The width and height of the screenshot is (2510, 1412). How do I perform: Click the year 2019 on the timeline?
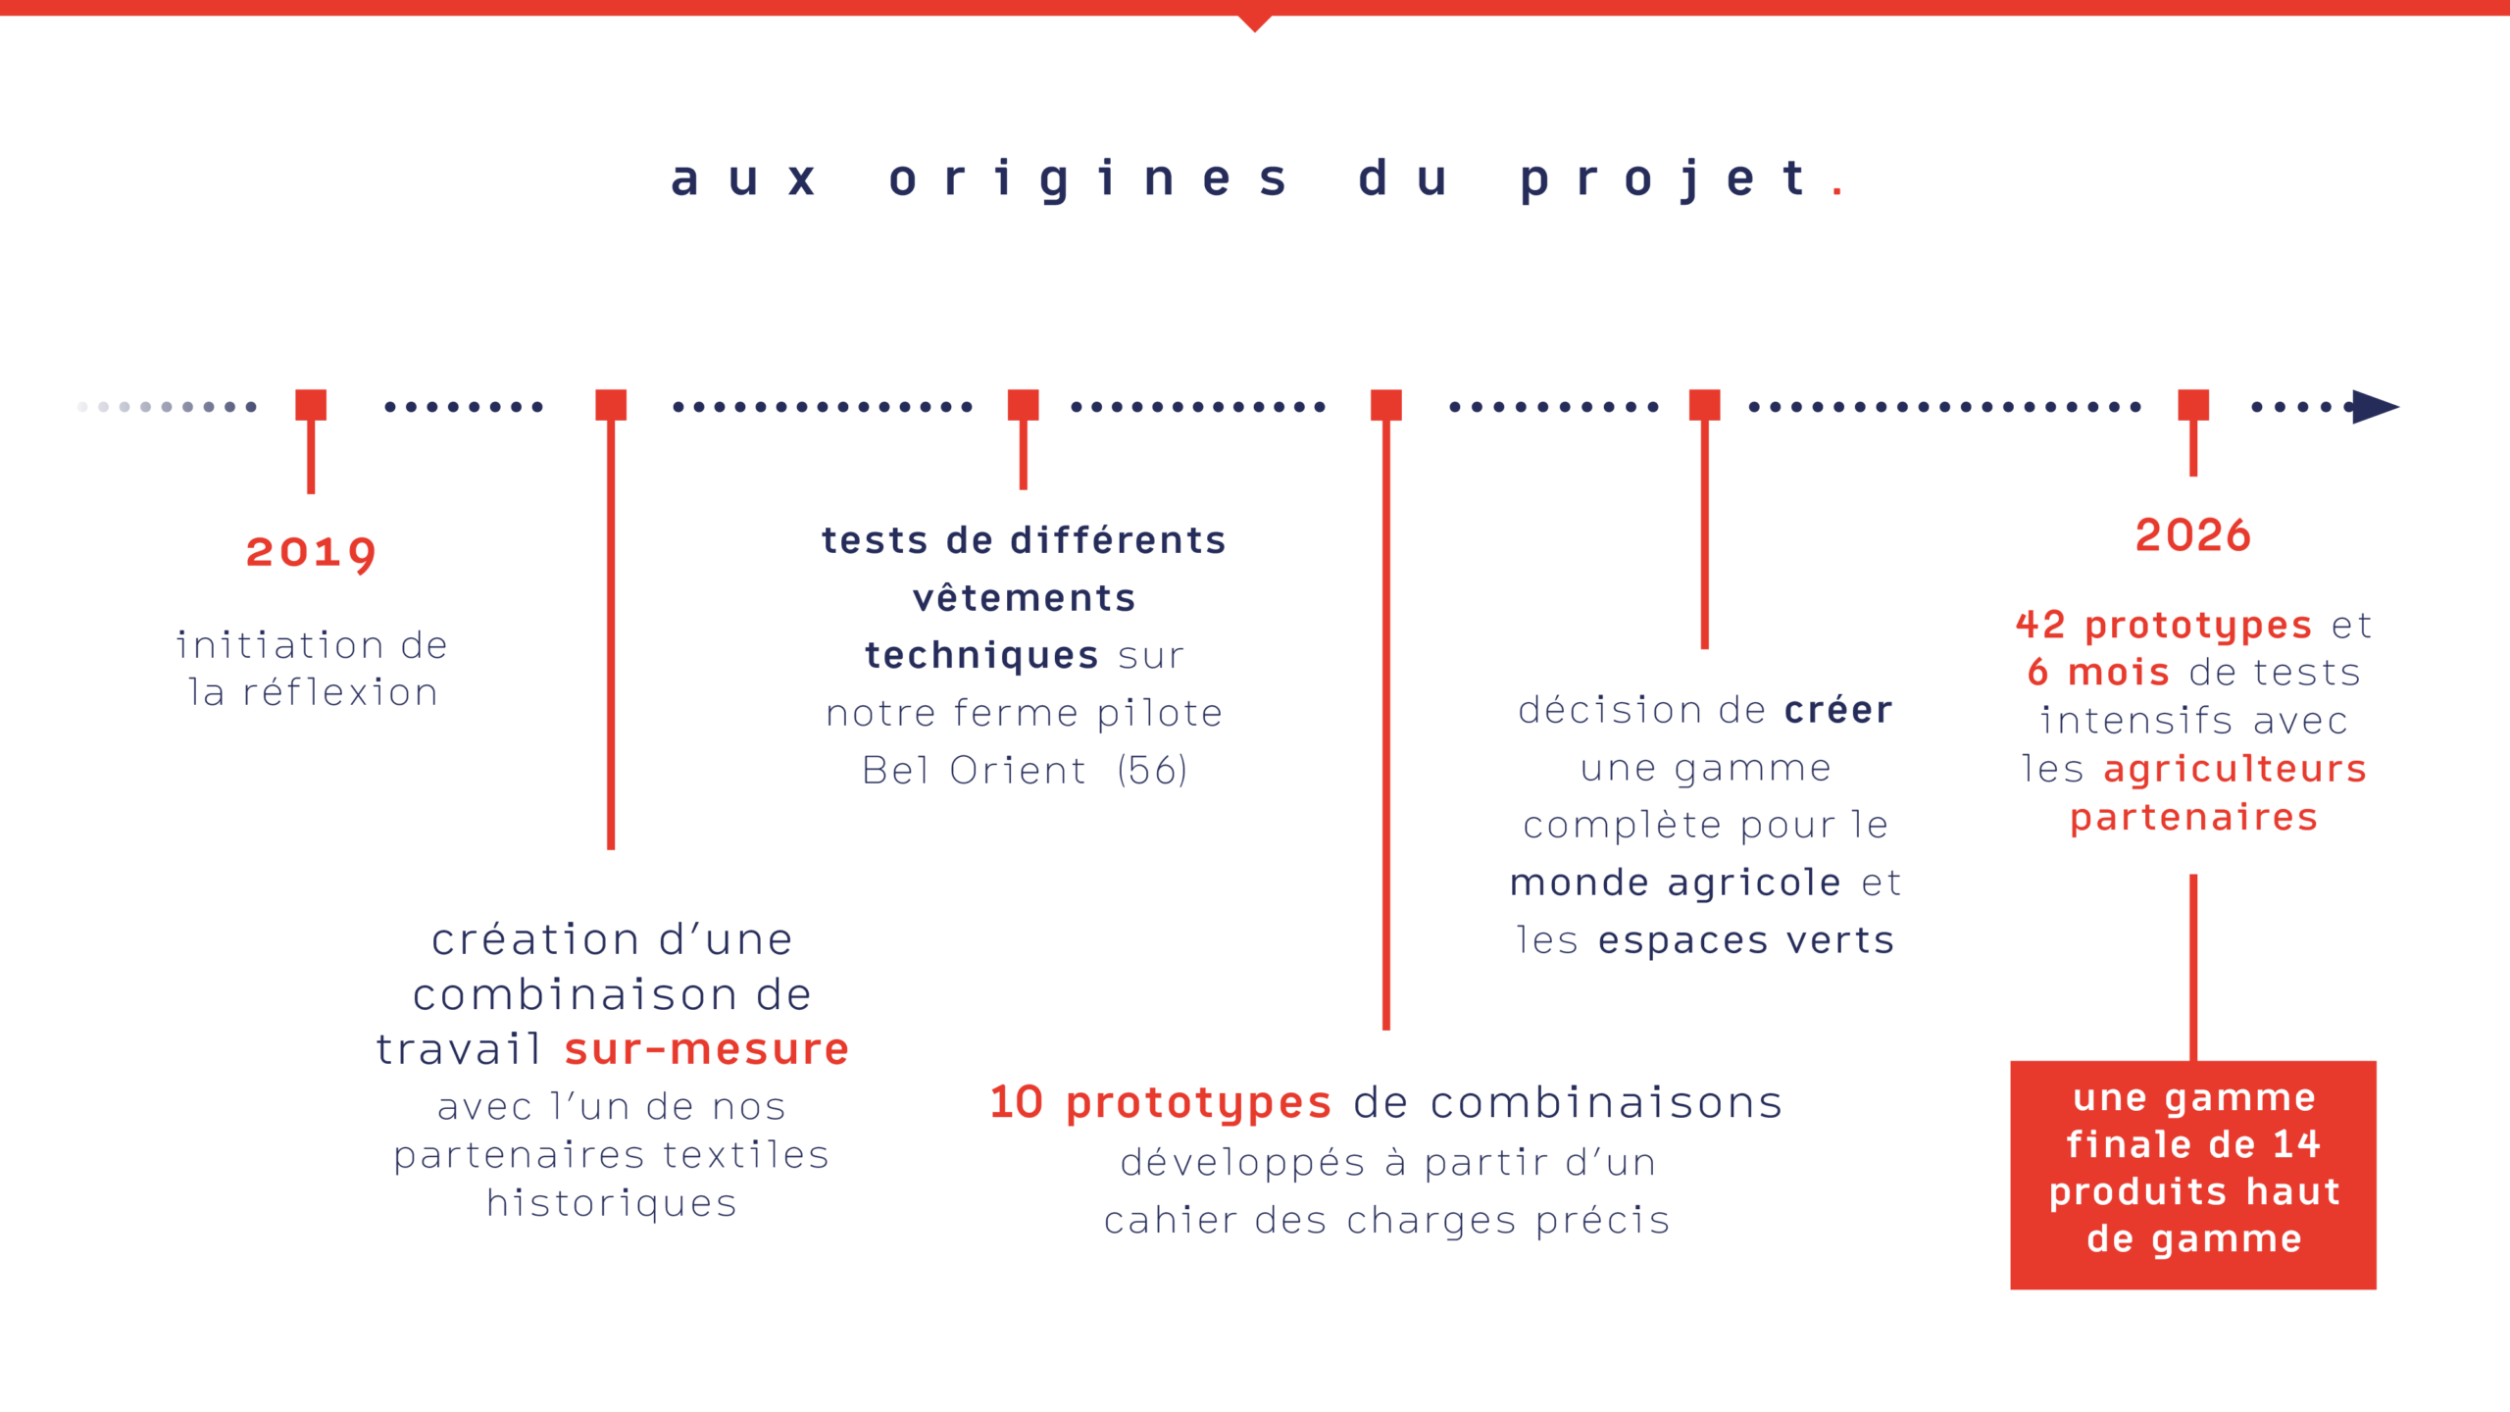310,552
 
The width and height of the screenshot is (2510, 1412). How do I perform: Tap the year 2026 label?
2192,535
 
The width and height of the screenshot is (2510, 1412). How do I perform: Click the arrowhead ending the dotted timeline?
2377,407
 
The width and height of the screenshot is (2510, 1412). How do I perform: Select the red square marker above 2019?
311,404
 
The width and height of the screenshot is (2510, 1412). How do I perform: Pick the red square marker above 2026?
2193,404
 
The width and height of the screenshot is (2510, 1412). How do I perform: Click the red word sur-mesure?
706,1049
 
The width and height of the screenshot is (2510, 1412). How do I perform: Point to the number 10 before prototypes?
1016,1102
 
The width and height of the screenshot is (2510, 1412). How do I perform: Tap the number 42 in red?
2040,625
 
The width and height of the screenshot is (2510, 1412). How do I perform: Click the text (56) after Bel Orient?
1152,770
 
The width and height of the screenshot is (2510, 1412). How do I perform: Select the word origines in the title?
1088,179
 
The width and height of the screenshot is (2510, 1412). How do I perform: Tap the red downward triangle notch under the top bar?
1255,24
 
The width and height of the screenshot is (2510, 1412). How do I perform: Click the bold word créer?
1838,710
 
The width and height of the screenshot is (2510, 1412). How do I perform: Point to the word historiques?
611,1203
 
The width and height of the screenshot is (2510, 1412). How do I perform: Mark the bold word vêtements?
1024,598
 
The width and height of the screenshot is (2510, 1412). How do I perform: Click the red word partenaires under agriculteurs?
2193,817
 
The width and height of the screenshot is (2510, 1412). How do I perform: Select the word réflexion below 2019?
339,693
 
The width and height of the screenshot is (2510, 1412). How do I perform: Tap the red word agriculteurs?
2234,769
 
